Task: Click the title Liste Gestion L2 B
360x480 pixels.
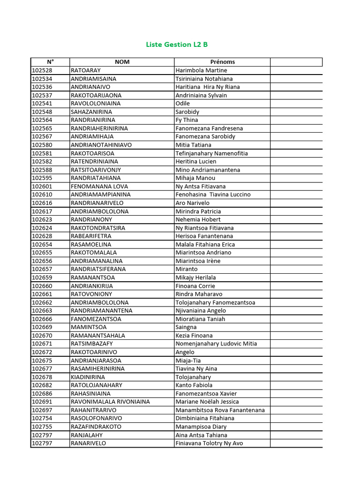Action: [x=177, y=45]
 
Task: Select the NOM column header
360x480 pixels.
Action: [x=122, y=62]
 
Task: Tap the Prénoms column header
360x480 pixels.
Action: [x=222, y=62]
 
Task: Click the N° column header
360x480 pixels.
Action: [x=50, y=62]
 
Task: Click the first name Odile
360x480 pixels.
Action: [x=183, y=104]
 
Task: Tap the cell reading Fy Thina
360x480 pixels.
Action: [x=187, y=120]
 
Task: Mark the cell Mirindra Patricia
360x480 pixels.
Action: [x=198, y=211]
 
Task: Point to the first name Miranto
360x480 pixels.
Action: [x=187, y=269]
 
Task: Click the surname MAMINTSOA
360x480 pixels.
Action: [x=89, y=327]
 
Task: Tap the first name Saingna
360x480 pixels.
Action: [x=186, y=327]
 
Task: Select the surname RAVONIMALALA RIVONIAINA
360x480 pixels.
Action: [x=110, y=402]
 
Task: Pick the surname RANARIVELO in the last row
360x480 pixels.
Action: [x=88, y=443]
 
